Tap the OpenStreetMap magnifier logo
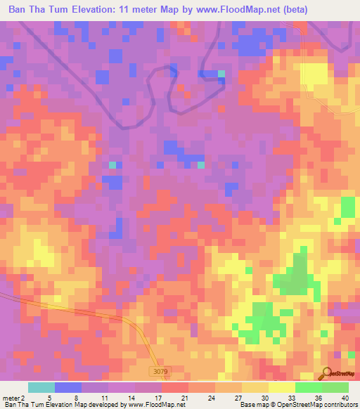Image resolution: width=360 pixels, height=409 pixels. click(x=326, y=373)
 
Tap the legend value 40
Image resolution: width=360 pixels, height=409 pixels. click(x=342, y=397)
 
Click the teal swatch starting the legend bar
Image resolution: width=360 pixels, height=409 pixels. click(x=41, y=387)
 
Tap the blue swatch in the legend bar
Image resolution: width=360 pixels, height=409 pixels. click(x=68, y=387)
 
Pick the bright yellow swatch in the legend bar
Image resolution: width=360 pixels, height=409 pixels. click(x=282, y=387)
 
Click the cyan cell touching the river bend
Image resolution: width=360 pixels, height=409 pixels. click(x=221, y=73)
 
